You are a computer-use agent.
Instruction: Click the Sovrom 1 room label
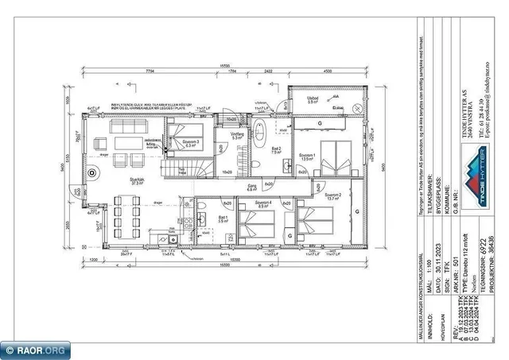[x=307, y=156]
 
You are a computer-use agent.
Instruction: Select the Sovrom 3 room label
[x=190, y=143]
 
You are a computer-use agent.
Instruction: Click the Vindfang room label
[x=237, y=136]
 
